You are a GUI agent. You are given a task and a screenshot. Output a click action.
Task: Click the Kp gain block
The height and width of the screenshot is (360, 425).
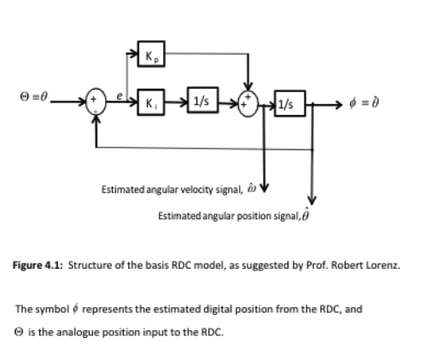coord(154,58)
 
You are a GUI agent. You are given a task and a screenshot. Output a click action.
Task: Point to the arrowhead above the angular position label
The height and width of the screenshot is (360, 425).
coord(312,200)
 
